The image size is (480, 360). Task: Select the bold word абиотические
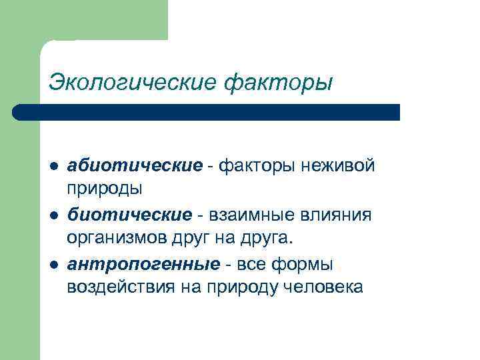click(134, 165)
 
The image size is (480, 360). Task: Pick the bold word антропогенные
click(143, 264)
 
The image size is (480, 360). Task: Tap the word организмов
click(119, 239)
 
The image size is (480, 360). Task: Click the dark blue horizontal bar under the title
click(207, 112)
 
